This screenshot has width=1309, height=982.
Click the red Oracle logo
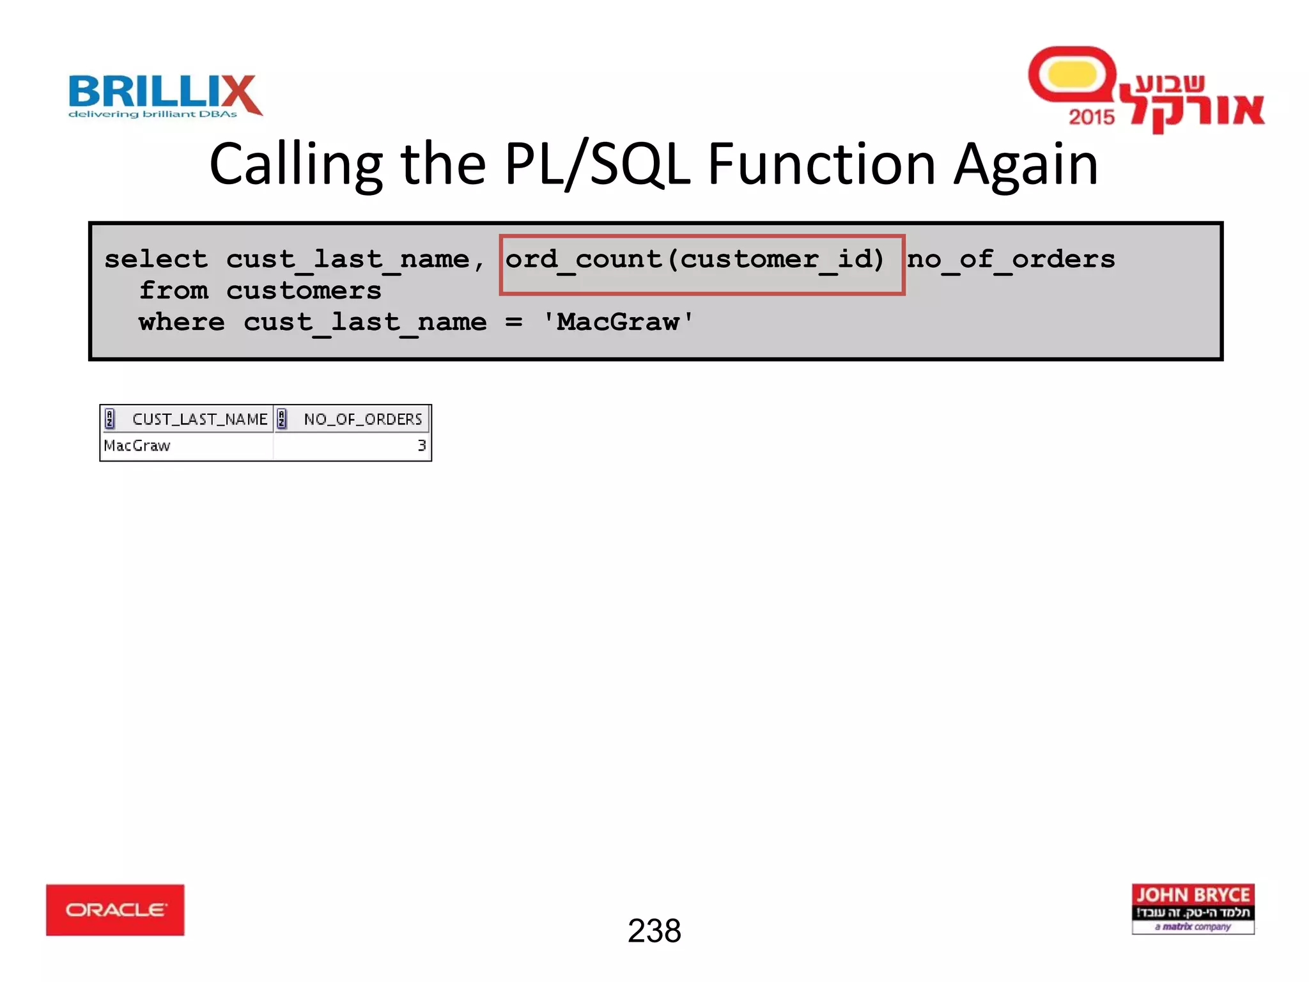(115, 909)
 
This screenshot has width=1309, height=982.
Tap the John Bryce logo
(1193, 908)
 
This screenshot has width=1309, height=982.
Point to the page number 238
(654, 931)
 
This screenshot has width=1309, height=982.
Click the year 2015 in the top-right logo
(1091, 117)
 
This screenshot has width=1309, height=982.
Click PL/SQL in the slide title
(597, 165)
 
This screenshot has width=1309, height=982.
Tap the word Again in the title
(1025, 165)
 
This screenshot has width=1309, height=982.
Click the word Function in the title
(822, 165)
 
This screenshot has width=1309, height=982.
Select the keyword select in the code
(157, 260)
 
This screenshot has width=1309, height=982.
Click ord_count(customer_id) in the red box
(695, 260)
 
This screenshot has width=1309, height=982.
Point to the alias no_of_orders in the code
(1011, 260)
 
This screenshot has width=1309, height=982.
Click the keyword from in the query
(174, 291)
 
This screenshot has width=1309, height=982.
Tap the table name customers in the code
(304, 291)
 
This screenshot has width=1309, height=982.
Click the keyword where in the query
(182, 322)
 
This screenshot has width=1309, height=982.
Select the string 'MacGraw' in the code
(617, 322)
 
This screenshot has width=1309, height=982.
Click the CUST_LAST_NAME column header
(199, 419)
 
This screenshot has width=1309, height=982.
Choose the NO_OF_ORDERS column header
(362, 419)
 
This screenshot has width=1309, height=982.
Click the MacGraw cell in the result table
(137, 446)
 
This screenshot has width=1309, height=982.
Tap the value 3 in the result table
(421, 446)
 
